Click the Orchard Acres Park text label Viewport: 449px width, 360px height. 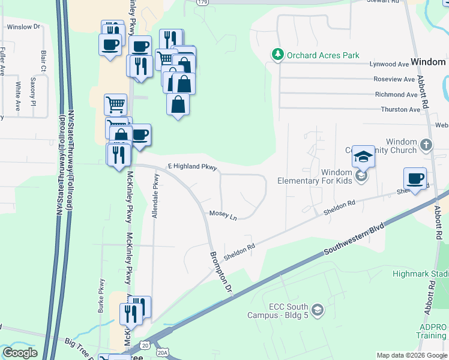(x=323, y=55)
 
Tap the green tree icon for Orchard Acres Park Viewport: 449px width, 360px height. (x=277, y=55)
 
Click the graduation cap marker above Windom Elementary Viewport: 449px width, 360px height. (x=363, y=157)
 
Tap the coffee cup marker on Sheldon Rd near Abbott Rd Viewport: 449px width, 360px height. (x=415, y=178)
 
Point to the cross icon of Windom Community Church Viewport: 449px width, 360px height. (x=426, y=145)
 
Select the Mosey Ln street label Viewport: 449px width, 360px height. (x=223, y=214)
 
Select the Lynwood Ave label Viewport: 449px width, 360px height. (x=390, y=64)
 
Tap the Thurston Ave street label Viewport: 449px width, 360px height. (x=401, y=110)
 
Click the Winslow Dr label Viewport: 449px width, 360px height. (x=23, y=27)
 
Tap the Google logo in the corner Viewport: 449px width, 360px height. (x=20, y=353)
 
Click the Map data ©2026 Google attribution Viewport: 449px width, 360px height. (x=411, y=355)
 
